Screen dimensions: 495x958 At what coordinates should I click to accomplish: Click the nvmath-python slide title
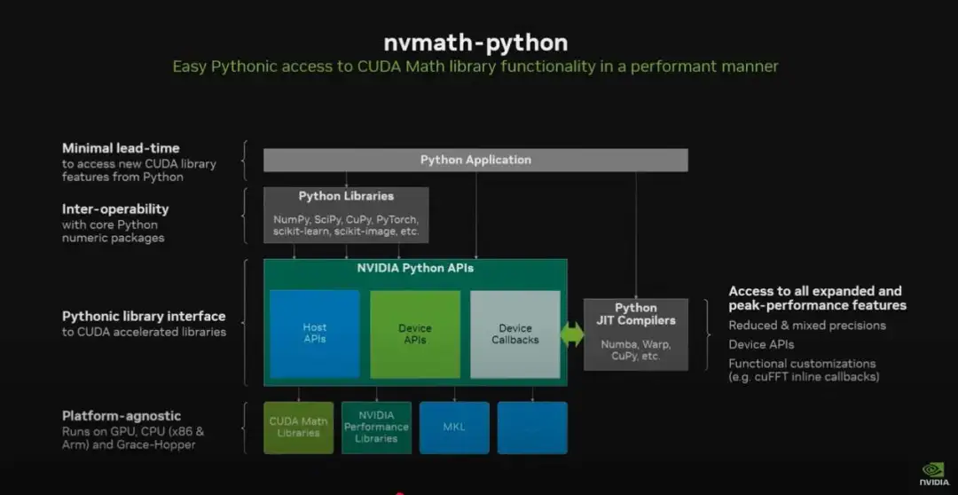coord(475,42)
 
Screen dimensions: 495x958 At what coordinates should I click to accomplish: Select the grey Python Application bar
coord(475,160)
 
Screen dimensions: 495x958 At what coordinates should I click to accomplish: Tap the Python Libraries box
coord(346,214)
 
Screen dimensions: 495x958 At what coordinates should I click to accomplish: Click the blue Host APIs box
coord(314,334)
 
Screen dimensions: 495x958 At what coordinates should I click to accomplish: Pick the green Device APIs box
coord(414,334)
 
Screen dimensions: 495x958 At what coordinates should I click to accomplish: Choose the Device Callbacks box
coord(514,334)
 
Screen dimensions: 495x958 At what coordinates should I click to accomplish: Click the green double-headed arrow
coord(572,334)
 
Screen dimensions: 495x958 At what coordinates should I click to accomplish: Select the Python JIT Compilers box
coord(635,334)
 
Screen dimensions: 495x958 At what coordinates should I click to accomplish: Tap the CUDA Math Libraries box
coord(298,427)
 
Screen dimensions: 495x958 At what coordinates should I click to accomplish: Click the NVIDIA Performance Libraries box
coord(376,427)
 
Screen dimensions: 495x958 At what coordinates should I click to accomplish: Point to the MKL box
coord(454,427)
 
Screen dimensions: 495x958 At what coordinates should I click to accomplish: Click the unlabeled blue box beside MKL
coord(532,427)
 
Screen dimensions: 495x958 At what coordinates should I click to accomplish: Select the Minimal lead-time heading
coord(121,148)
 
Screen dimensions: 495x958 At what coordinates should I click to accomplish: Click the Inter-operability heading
coord(115,209)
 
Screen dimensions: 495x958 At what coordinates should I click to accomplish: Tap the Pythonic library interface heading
coord(144,316)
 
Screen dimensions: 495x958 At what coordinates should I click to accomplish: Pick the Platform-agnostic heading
coord(122,416)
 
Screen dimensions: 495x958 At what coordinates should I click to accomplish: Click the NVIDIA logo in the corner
coord(933,472)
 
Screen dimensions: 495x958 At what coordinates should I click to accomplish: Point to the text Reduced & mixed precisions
coord(807,326)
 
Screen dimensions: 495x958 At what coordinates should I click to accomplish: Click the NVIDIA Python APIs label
coord(415,268)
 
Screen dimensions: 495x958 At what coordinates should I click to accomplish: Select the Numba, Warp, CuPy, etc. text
coord(635,350)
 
